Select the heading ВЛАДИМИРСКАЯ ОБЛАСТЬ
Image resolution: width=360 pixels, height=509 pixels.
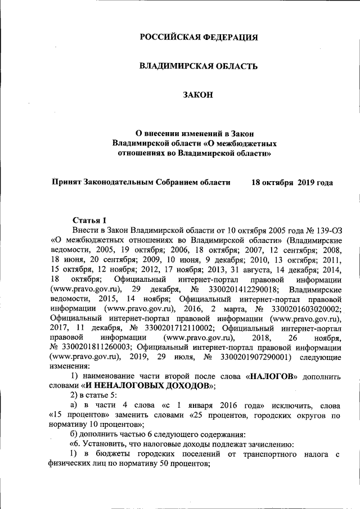199,66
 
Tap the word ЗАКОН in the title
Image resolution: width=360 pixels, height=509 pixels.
199,95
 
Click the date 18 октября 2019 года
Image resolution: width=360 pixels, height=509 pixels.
292,182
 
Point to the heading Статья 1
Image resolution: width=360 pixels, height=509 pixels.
89,219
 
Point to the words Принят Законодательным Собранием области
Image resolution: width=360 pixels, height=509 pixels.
141,182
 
